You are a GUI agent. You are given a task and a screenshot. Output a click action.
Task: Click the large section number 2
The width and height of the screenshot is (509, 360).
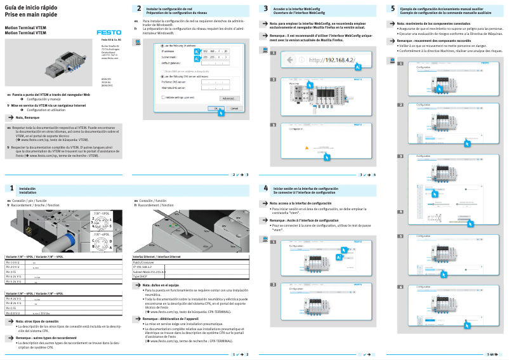coord(139,9)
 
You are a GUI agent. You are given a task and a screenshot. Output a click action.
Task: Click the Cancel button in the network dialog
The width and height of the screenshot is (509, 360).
coord(230,109)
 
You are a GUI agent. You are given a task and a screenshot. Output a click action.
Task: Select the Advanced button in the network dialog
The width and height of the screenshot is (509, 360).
coord(226,98)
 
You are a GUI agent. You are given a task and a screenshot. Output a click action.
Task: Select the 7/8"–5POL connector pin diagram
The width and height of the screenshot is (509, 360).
coord(102,223)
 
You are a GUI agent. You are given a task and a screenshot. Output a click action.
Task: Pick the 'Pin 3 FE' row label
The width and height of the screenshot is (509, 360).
coord(13,272)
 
